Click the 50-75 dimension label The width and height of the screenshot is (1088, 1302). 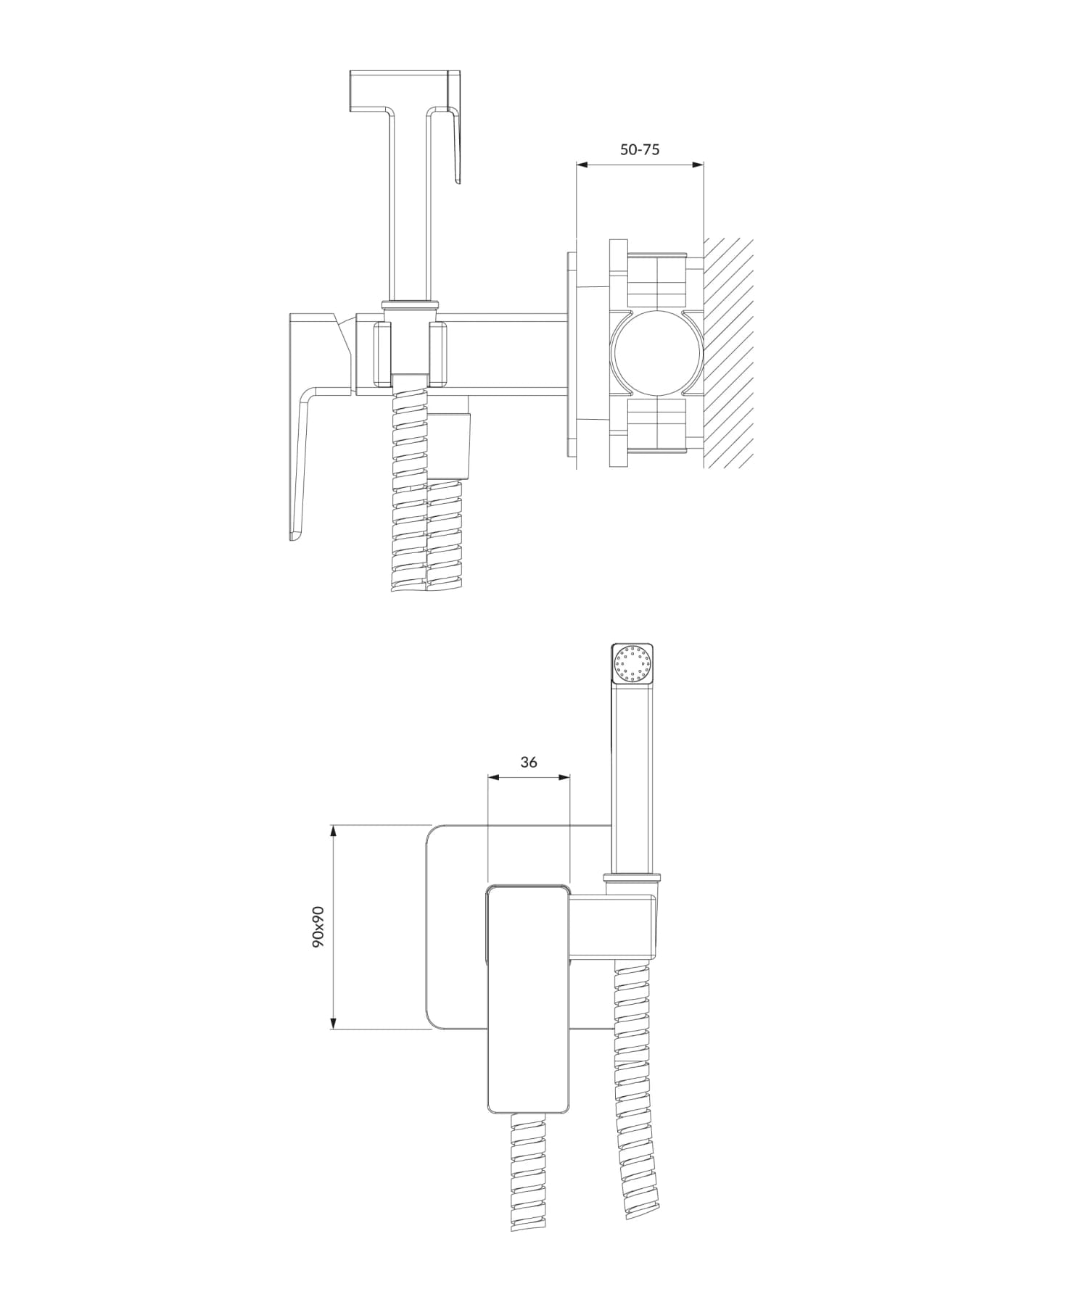[x=640, y=149]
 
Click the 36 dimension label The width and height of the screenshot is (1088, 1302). [x=529, y=762]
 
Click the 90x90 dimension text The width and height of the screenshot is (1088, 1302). [x=318, y=927]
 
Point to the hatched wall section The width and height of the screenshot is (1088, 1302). [x=728, y=353]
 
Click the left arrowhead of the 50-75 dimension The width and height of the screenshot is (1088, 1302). [x=581, y=165]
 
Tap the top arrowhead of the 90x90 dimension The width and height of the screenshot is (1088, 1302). [x=333, y=831]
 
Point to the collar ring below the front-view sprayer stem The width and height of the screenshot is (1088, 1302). [x=632, y=879]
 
